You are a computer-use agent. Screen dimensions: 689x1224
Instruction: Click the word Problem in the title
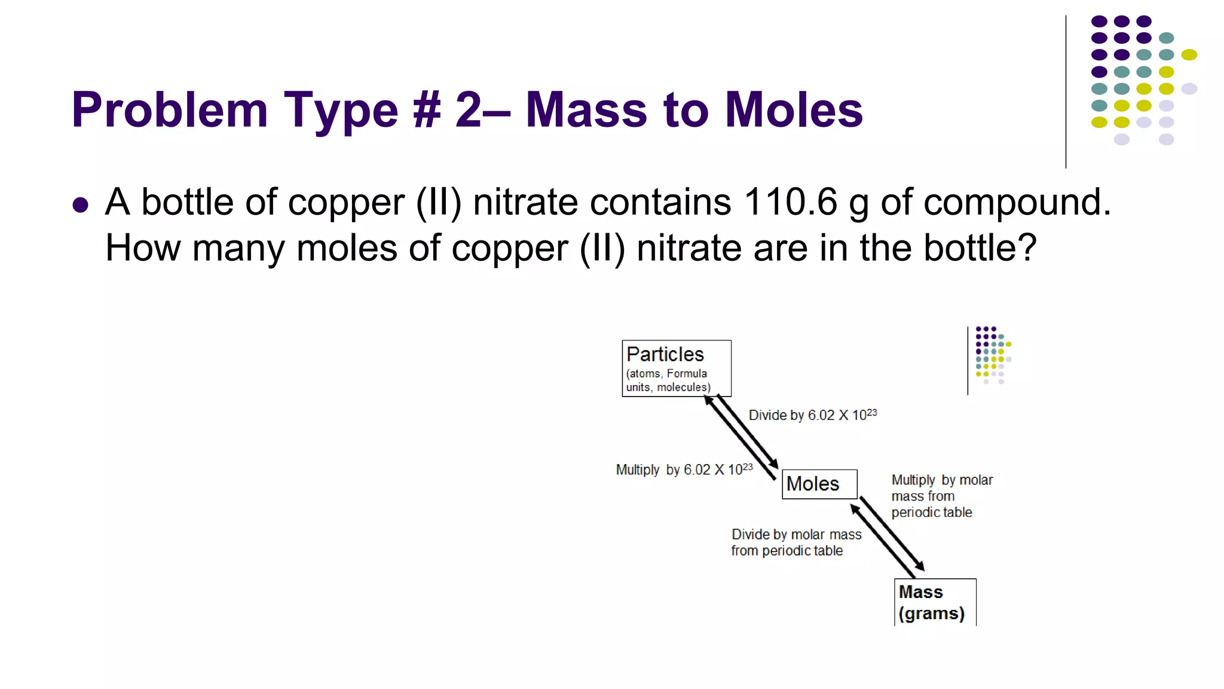pos(169,111)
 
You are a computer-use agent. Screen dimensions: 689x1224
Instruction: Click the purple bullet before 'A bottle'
pos(80,205)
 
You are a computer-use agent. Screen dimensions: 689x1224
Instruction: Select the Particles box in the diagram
pos(676,368)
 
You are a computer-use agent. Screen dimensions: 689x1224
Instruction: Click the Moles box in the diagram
pos(819,484)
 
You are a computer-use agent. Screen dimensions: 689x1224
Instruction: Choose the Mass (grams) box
pos(934,602)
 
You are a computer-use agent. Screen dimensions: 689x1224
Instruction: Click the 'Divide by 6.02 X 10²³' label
pos(812,414)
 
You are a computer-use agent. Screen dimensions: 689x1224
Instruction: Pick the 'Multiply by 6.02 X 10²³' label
pos(684,470)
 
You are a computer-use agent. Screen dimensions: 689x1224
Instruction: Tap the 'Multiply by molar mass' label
pos(941,496)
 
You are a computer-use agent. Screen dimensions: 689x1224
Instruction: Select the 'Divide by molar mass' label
pos(795,542)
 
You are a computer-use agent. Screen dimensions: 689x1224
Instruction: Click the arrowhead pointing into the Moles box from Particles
pos(774,464)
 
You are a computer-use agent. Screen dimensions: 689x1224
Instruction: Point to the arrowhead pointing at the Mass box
pos(920,566)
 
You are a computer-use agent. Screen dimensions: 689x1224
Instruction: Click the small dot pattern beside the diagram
pos(993,355)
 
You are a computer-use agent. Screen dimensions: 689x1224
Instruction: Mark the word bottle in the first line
pos(187,202)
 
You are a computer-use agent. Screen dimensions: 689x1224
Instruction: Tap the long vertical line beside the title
pos(1066,92)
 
